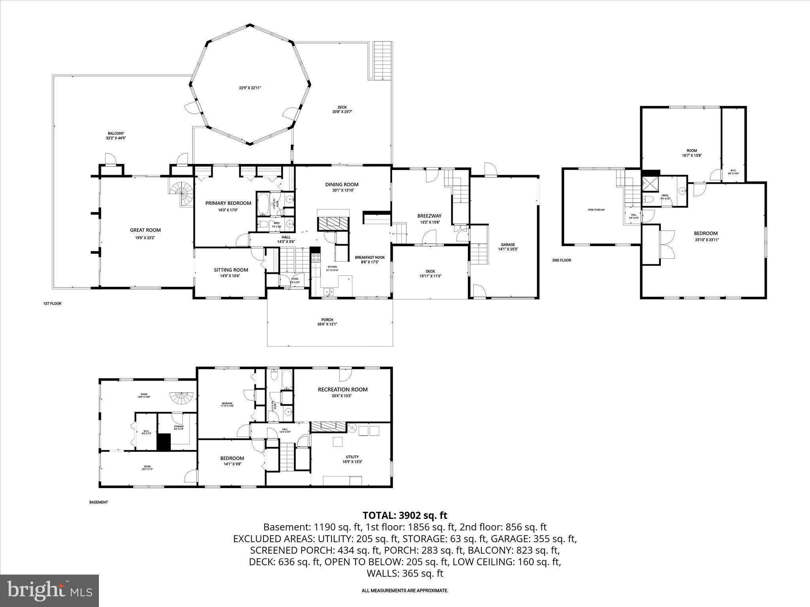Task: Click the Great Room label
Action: point(145,230)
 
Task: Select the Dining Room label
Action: point(342,184)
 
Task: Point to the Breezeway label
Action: point(429,216)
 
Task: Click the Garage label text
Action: point(508,245)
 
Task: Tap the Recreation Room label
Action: point(343,389)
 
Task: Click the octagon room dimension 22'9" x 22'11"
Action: point(250,88)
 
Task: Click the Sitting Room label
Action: point(231,270)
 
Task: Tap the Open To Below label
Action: point(596,210)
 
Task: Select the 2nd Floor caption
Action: point(561,260)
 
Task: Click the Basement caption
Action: point(98,502)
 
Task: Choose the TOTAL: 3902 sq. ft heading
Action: point(405,515)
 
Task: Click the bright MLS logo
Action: point(49,591)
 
